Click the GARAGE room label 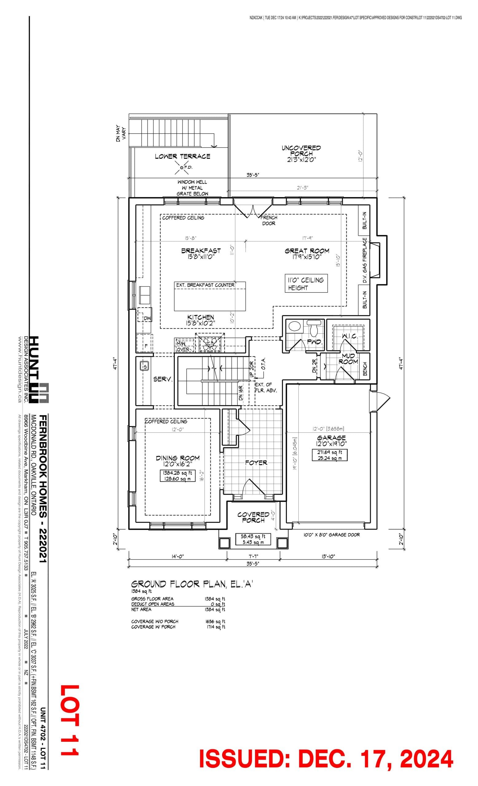331,438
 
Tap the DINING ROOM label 178,458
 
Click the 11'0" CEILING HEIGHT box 306,284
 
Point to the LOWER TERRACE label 182,156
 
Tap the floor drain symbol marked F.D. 182,167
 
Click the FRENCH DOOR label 269,220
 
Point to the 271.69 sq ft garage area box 329,455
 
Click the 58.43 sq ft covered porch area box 253,539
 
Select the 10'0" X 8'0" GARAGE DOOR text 331,535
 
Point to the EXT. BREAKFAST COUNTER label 205,285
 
